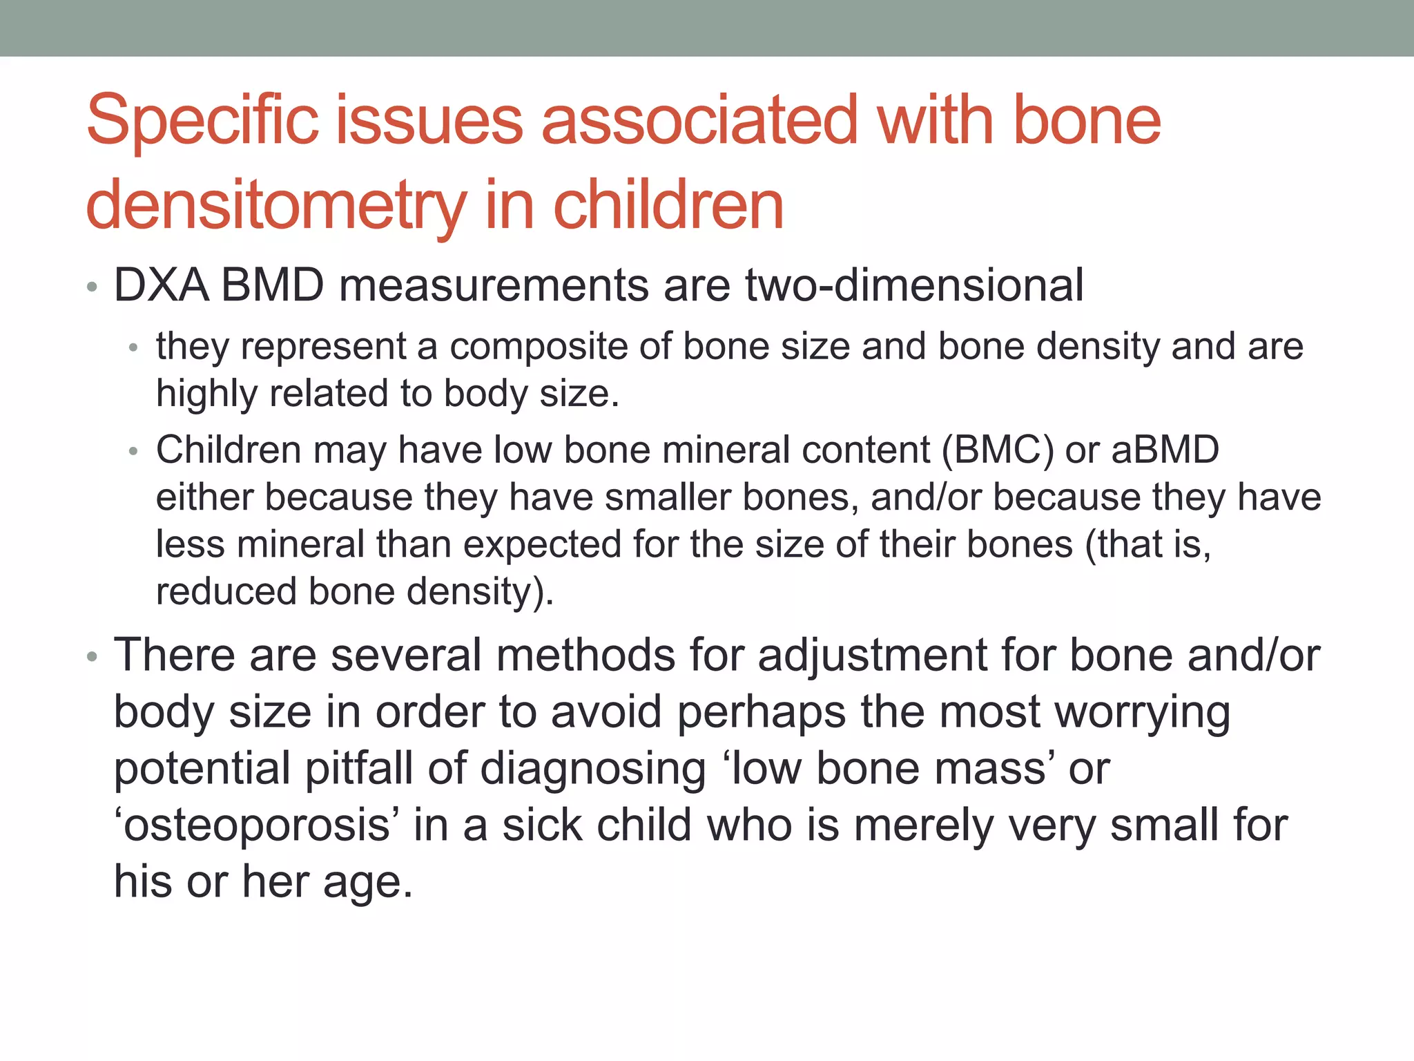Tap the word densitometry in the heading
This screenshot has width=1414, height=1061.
coord(276,206)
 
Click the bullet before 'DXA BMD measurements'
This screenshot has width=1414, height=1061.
coord(93,288)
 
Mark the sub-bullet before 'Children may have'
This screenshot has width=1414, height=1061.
coord(134,452)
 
